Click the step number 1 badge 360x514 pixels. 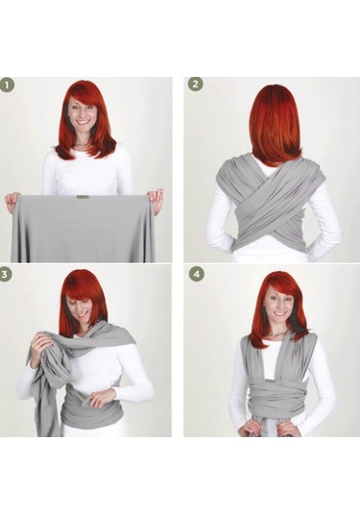click(x=8, y=86)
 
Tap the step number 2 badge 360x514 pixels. click(x=195, y=84)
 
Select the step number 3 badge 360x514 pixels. click(x=5, y=274)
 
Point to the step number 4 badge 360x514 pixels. click(x=196, y=274)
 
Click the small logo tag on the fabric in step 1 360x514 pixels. click(x=81, y=197)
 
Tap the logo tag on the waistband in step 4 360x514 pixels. click(x=270, y=380)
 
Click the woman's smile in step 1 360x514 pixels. click(x=84, y=122)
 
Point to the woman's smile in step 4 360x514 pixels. click(x=278, y=313)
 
